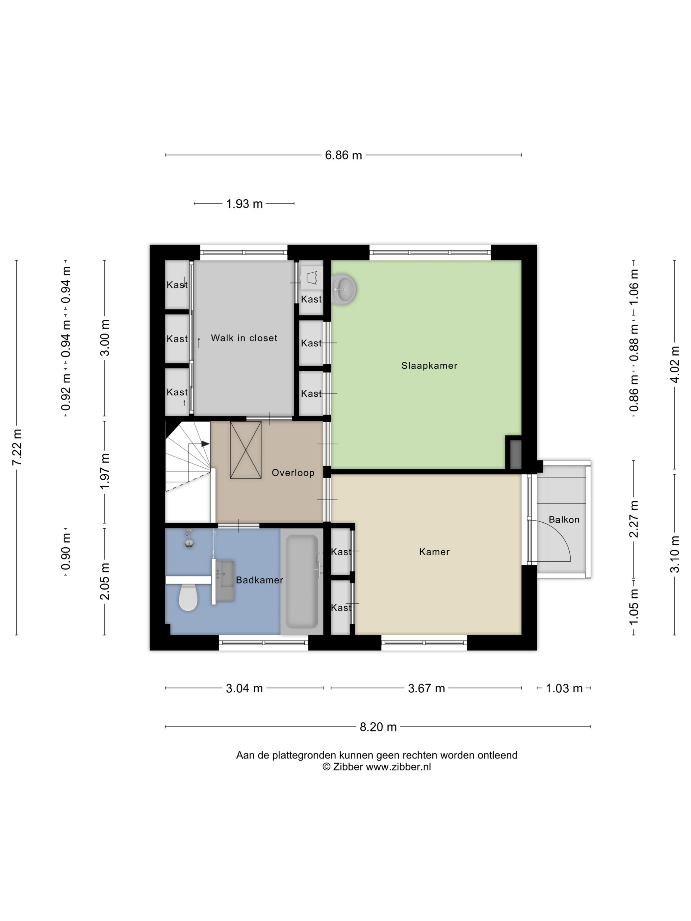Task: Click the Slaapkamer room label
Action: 429,365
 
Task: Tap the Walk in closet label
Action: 244,338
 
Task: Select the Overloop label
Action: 293,473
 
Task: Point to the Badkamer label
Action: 260,580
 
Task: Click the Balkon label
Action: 564,520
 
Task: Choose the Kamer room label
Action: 434,552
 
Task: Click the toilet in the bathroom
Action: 188,597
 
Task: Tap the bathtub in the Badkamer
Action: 301,581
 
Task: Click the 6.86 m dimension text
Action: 343,155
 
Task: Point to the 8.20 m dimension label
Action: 378,727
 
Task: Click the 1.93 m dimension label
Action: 244,204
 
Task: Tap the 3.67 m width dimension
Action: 426,688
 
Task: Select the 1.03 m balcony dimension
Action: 564,688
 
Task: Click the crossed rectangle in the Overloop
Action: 246,450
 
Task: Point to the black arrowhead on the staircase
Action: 205,444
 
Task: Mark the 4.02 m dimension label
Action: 675,364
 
